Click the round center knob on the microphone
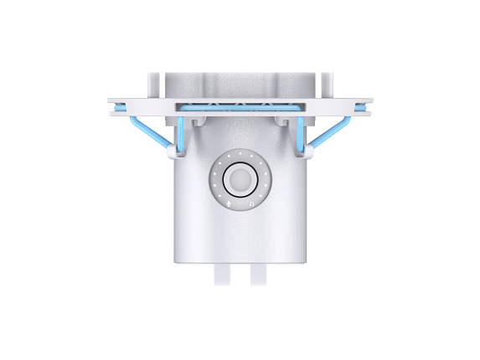[x=240, y=178]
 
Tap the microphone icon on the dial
[x=227, y=202]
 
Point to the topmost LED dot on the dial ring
[x=240, y=153]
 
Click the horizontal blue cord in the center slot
[x=240, y=107]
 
